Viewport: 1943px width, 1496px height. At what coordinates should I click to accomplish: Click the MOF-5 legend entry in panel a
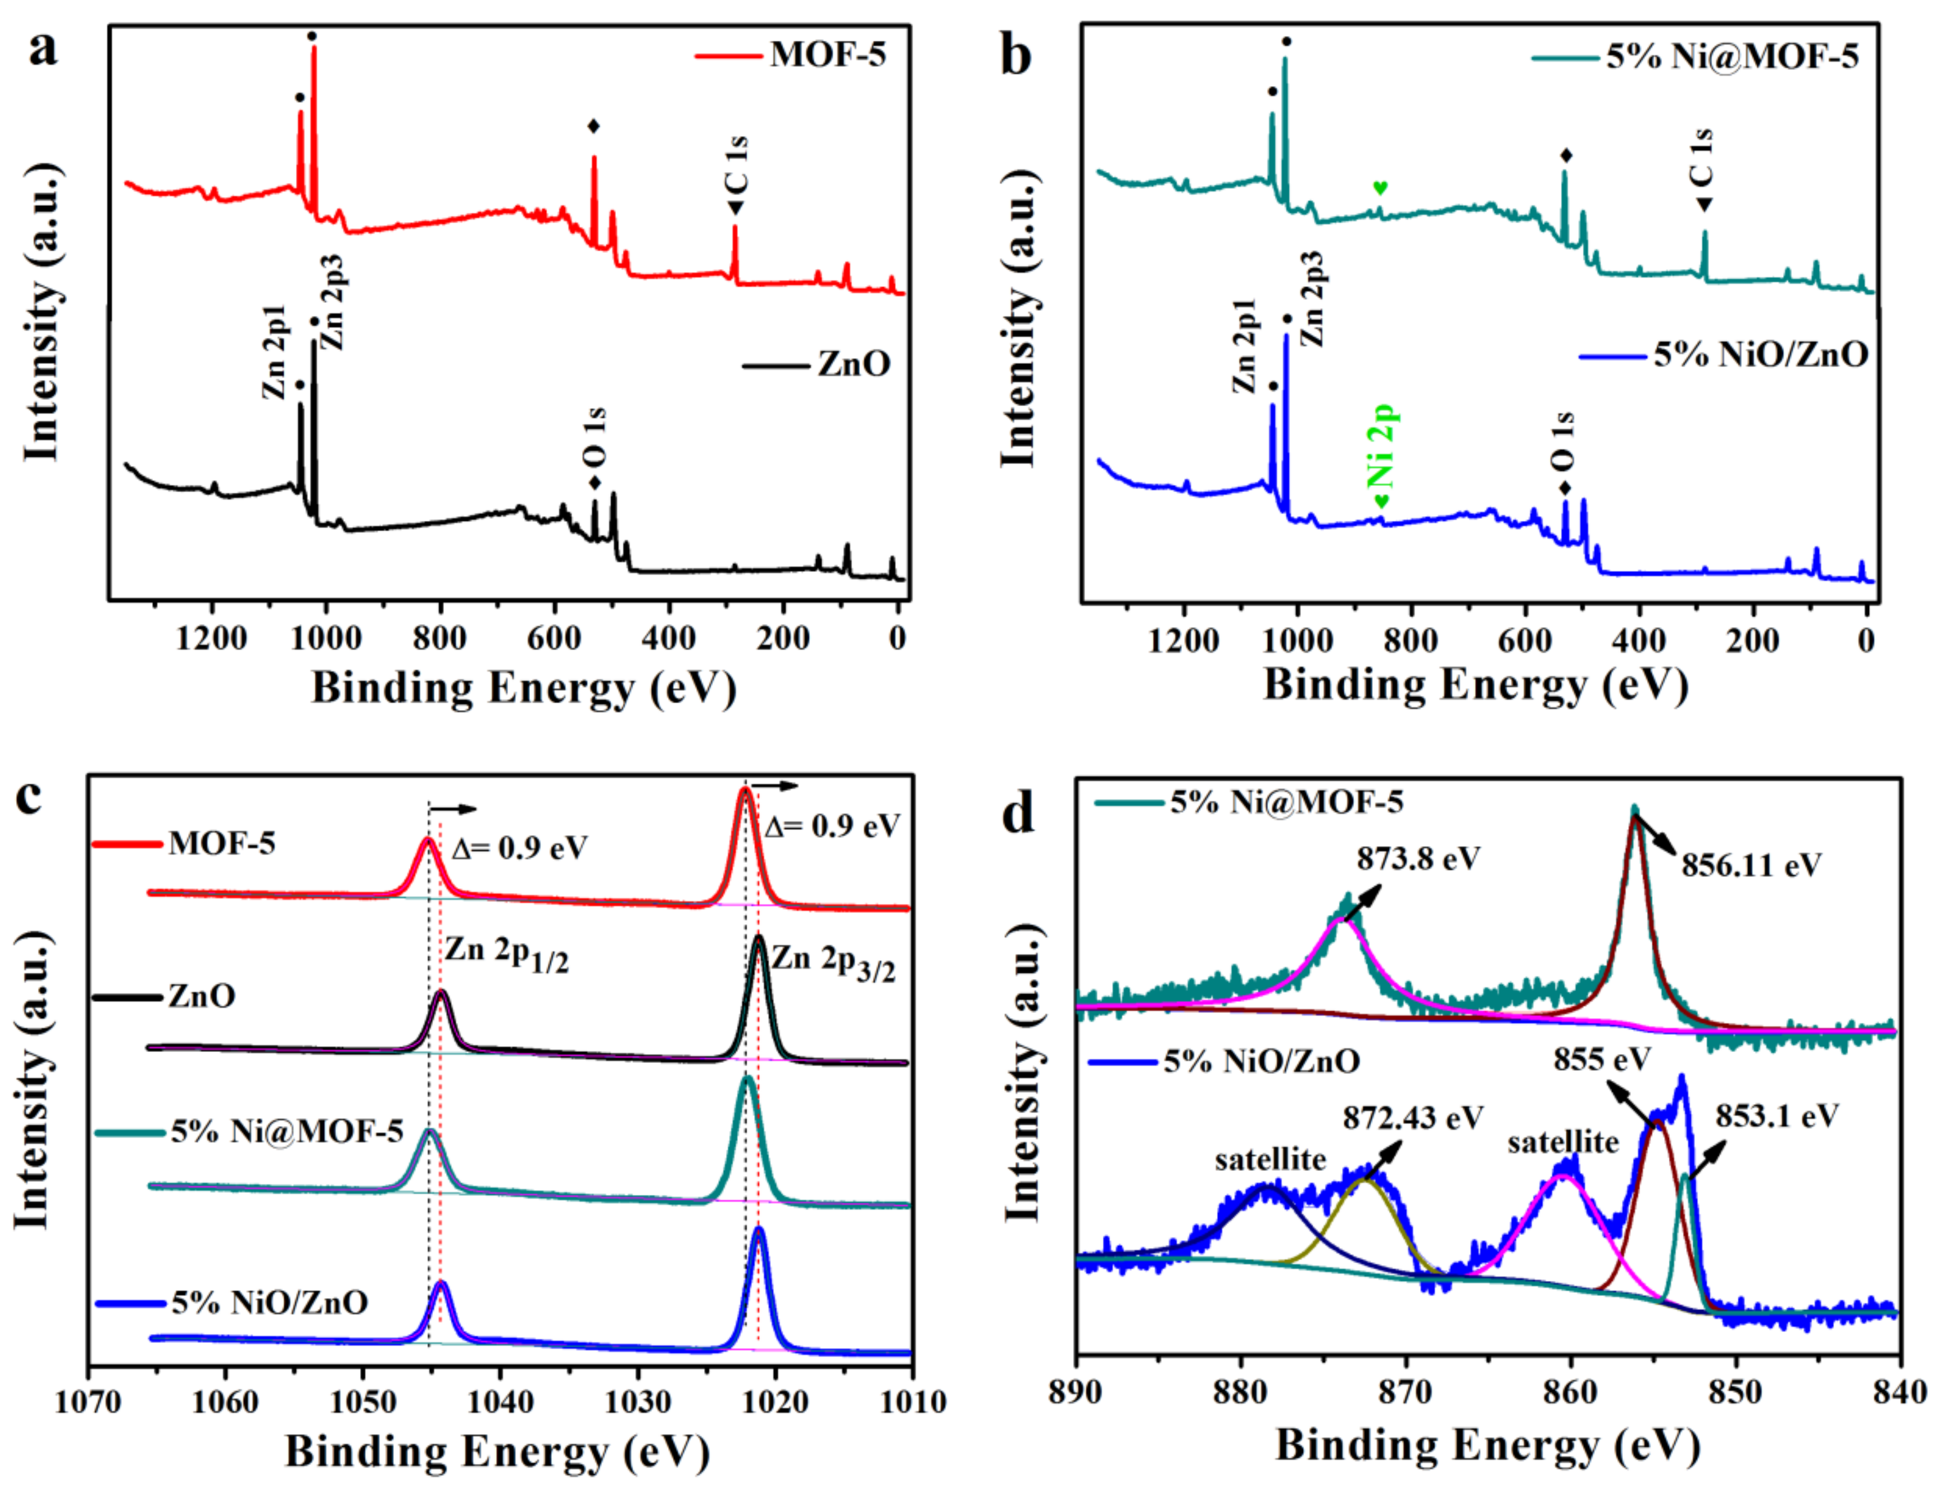click(828, 55)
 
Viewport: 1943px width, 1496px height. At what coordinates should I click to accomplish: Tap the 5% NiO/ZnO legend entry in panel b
click(1759, 355)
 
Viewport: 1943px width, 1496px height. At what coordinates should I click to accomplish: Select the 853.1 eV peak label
click(1777, 1116)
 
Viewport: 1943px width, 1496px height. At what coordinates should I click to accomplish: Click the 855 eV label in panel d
click(1602, 1060)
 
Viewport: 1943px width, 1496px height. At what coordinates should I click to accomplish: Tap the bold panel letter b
click(1016, 55)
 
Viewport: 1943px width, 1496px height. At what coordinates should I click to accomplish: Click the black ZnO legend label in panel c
click(202, 996)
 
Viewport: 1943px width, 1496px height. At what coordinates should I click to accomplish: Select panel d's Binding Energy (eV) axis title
click(1488, 1446)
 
